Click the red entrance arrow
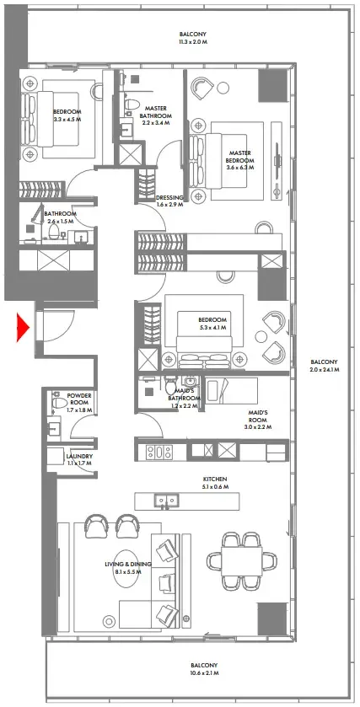point(24,325)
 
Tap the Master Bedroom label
point(241,158)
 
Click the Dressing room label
point(170,201)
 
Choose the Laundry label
point(80,460)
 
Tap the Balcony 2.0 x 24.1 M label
point(324,365)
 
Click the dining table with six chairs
point(241,560)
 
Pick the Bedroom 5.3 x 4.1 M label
point(212,324)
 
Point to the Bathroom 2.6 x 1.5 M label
point(61,217)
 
